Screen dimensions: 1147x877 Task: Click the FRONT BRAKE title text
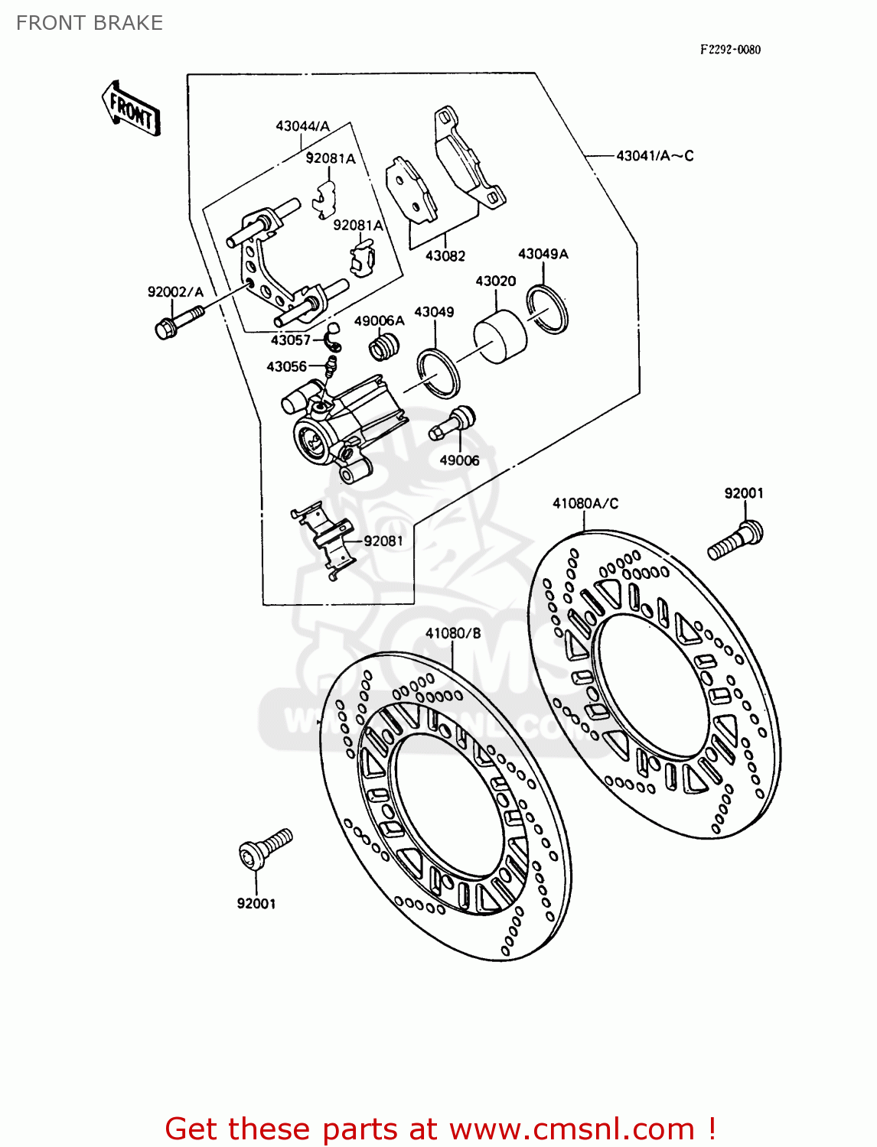[90, 23]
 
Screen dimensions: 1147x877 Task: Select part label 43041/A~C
[654, 156]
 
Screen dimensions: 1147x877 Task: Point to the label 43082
[445, 256]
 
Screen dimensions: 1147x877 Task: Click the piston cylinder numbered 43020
[500, 337]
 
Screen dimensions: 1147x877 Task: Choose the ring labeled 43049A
[547, 309]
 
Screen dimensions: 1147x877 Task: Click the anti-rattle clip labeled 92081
[328, 539]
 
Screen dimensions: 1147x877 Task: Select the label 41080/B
[453, 633]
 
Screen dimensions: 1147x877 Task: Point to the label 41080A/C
[585, 503]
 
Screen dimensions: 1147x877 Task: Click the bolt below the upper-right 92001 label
[735, 541]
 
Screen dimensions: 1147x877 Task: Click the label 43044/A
[302, 126]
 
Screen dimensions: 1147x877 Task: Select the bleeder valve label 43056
[286, 367]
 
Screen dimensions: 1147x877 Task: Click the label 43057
[291, 340]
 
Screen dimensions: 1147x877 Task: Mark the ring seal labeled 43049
[438, 372]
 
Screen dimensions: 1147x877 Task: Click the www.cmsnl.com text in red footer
[572, 1129]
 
